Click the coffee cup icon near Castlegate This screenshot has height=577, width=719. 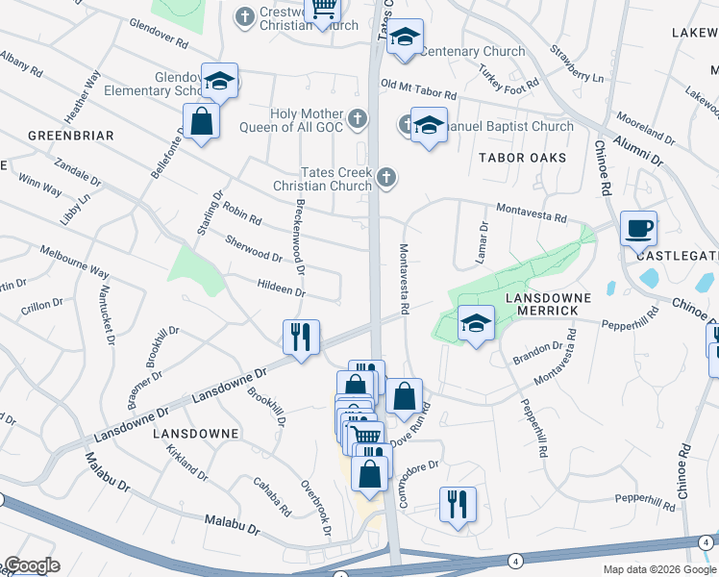(638, 230)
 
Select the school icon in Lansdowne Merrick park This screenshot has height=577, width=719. (475, 322)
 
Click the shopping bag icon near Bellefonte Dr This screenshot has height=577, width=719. (201, 122)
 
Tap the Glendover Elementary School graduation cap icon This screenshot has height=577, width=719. (219, 81)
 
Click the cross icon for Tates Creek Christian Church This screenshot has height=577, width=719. (386, 176)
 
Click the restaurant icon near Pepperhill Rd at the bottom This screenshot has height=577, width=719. (458, 503)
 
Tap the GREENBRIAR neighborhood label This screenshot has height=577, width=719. (71, 136)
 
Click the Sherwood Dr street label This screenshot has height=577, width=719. (254, 249)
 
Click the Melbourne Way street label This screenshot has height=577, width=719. (74, 262)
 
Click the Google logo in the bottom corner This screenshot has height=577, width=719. (32, 565)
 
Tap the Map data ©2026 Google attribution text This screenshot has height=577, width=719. (658, 569)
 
